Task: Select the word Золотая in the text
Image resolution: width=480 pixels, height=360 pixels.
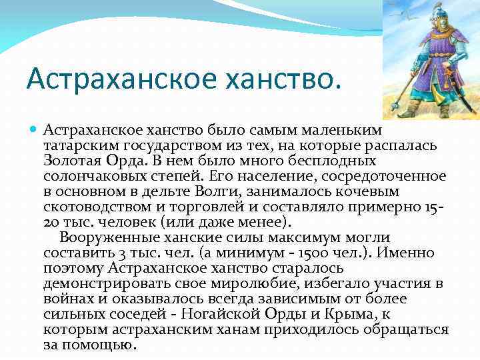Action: point(74,161)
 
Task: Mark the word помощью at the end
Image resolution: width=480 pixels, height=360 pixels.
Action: point(99,345)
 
